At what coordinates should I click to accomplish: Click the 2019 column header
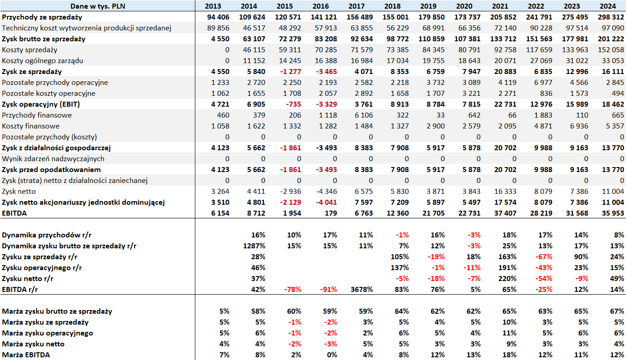pyautogui.click(x=428, y=6)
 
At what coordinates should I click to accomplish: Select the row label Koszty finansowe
pyautogui.click(x=30, y=126)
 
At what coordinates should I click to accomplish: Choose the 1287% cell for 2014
pyautogui.click(x=254, y=246)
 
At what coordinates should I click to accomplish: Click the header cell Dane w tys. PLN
pyautogui.click(x=98, y=6)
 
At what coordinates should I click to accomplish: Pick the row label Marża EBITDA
pyautogui.click(x=26, y=355)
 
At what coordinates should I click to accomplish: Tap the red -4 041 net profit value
pyautogui.click(x=326, y=202)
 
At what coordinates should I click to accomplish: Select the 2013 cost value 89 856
pyautogui.click(x=218, y=28)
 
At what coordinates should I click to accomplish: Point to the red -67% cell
pyautogui.click(x=543, y=257)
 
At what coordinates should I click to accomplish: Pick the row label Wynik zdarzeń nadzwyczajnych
pyautogui.click(x=53, y=159)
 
